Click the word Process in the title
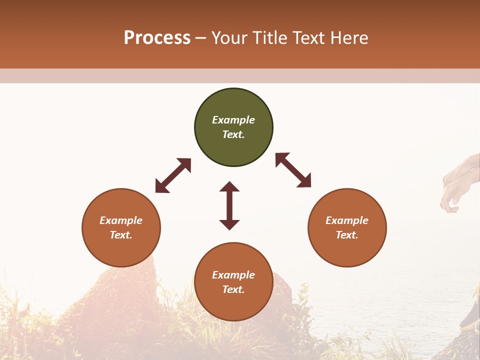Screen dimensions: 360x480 pyautogui.click(x=157, y=38)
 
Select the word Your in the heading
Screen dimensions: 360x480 pyautogui.click(x=229, y=38)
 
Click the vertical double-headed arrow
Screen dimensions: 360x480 pyautogui.click(x=229, y=205)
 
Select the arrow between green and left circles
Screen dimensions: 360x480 pyautogui.click(x=173, y=175)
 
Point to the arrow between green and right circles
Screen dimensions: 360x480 pyautogui.click(x=293, y=170)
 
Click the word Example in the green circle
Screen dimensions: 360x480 pyautogui.click(x=233, y=120)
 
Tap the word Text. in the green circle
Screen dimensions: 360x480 pyautogui.click(x=233, y=134)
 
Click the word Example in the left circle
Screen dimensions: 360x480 pyautogui.click(x=121, y=220)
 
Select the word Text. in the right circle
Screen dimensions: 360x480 pyautogui.click(x=347, y=235)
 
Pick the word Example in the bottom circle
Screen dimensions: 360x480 pyautogui.click(x=233, y=275)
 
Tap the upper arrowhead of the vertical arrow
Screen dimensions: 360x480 pyautogui.click(x=229, y=187)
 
